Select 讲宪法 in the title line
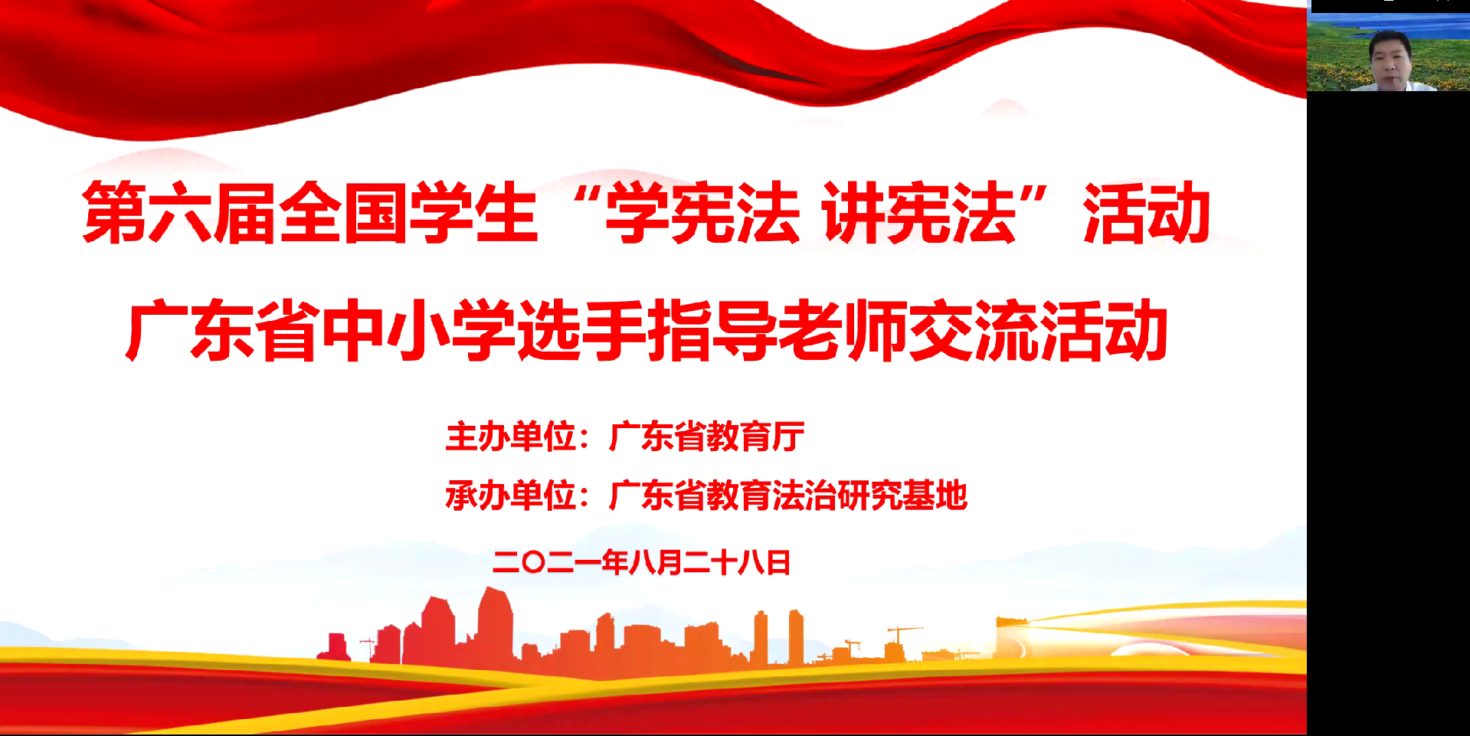(919, 212)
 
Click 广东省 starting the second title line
(223, 330)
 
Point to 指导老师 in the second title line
(778, 330)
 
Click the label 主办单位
(511, 437)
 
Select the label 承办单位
(511, 496)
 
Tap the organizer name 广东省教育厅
(706, 437)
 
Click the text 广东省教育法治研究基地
(788, 496)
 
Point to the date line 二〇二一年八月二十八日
(642, 563)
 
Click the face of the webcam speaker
(1390, 60)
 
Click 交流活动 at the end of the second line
(1038, 330)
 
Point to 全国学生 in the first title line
(408, 212)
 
